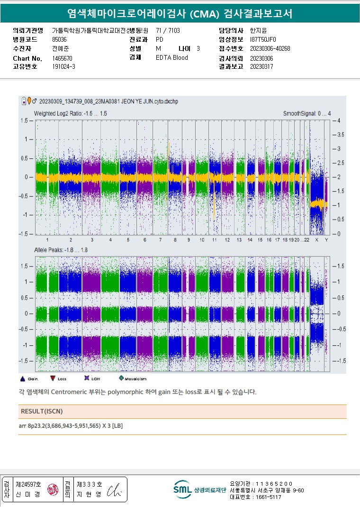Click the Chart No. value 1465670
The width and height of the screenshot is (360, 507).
pyautogui.click(x=62, y=58)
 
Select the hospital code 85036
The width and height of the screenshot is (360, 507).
pyautogui.click(x=59, y=39)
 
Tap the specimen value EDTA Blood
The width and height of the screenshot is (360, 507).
pyautogui.click(x=171, y=57)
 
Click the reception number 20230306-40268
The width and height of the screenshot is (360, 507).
pyautogui.click(x=270, y=48)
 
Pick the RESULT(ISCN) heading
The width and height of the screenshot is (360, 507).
pyautogui.click(x=42, y=411)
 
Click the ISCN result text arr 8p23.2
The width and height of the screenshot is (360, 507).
pyautogui.click(x=71, y=426)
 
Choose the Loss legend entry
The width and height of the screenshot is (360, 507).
pyautogui.click(x=58, y=379)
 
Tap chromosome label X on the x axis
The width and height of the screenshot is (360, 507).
pyautogui.click(x=316, y=240)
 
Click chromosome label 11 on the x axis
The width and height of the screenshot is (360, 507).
pyautogui.click(x=215, y=240)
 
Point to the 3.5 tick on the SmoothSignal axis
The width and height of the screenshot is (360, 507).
pyautogui.click(x=340, y=135)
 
